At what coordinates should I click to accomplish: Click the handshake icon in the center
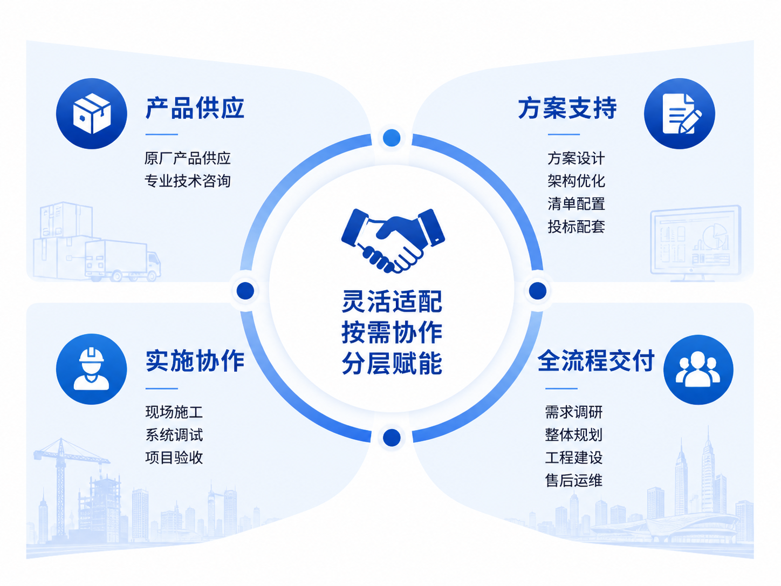393,241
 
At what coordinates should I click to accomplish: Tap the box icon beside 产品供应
92,113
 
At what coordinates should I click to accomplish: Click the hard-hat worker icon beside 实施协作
92,369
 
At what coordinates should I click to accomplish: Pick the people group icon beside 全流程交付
698,370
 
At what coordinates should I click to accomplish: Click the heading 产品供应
195,108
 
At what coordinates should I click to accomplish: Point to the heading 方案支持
567,108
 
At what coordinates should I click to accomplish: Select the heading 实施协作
195,361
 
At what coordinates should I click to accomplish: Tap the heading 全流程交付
596,361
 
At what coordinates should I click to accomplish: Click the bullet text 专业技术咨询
188,181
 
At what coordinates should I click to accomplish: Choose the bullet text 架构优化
576,181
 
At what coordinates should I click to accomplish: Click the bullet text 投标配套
576,226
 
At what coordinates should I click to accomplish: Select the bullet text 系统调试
174,435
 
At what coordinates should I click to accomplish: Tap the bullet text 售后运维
573,480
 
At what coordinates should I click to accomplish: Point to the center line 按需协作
392,332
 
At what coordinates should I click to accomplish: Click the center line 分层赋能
392,363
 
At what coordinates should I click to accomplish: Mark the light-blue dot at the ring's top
392,138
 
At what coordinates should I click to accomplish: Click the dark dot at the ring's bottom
392,437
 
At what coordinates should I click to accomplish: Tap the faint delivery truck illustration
123,260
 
